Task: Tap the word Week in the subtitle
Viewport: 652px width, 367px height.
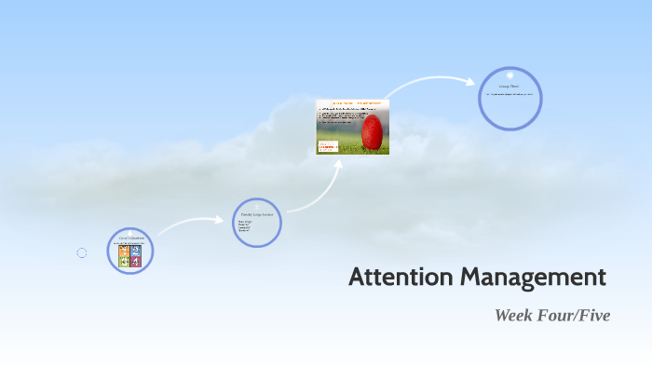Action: [x=515, y=316]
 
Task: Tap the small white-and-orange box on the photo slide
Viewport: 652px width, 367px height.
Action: [x=328, y=146]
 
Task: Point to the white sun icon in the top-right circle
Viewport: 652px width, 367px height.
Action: [x=510, y=75]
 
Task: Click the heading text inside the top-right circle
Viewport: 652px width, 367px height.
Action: [x=509, y=86]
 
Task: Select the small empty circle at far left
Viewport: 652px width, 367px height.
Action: [x=82, y=252]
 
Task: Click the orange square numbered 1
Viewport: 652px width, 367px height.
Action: [x=124, y=249]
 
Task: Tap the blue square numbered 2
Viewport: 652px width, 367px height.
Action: [x=135, y=249]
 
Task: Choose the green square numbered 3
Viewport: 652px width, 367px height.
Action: [x=124, y=261]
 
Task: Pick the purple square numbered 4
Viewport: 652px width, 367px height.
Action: [x=135, y=261]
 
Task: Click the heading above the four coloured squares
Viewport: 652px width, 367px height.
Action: [x=129, y=238]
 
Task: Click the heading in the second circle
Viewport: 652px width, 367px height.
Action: [x=256, y=214]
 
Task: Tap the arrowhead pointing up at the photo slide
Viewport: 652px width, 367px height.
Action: [x=339, y=163]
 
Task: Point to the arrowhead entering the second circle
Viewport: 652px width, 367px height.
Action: [x=225, y=221]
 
